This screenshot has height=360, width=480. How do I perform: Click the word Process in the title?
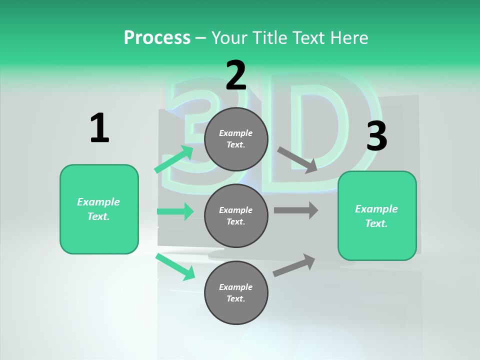coord(157,38)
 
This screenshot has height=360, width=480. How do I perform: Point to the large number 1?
coord(99,128)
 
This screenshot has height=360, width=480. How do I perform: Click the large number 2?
coord(236,75)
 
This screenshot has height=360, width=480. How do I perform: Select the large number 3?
coord(376,136)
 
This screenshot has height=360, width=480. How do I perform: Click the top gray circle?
coord(236,139)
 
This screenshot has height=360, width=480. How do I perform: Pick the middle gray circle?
coord(236,216)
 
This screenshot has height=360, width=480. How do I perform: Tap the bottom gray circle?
coord(236,293)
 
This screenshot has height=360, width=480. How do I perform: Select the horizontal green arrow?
coord(175,211)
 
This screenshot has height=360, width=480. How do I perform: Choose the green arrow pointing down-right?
coord(175,266)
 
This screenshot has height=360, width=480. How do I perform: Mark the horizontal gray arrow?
coord(296,210)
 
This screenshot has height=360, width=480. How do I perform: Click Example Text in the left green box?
coord(99,209)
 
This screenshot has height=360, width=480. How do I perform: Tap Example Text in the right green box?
coord(377,216)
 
